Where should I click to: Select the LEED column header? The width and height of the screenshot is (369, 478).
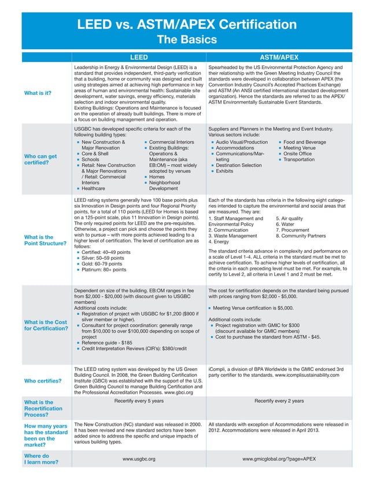pos(138,58)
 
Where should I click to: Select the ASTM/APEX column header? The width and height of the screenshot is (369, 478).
pos(279,58)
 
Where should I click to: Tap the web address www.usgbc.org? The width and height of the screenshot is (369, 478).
pos(139,458)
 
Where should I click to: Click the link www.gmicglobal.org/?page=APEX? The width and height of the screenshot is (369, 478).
pos(279,458)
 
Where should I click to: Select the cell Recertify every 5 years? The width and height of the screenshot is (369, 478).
pos(139,400)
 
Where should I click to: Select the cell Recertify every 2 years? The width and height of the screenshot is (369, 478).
pos(279,400)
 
